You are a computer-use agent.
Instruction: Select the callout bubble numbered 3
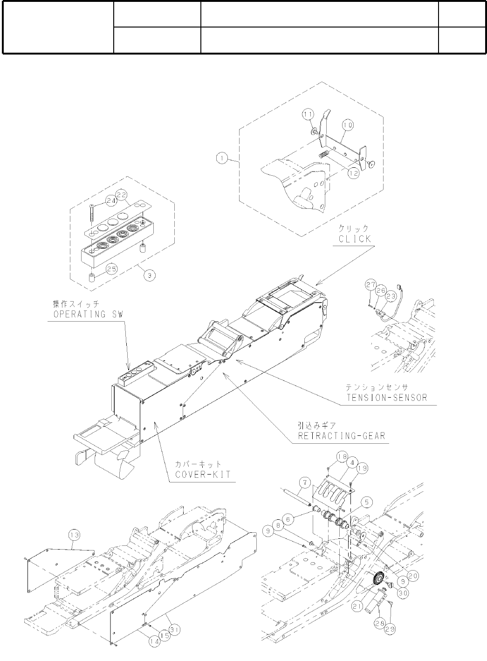pyautogui.click(x=149, y=275)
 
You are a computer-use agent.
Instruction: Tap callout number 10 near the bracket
pyautogui.click(x=348, y=125)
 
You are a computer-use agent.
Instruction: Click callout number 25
pyautogui.click(x=111, y=269)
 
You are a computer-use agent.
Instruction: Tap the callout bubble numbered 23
pyautogui.click(x=391, y=295)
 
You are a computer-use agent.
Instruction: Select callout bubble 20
pyautogui.click(x=412, y=576)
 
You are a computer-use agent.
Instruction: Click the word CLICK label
pyautogui.click(x=355, y=239)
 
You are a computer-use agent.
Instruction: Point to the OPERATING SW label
pyautogui.click(x=86, y=314)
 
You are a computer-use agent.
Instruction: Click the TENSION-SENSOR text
pyautogui.click(x=386, y=398)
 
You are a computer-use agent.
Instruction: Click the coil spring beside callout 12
pyautogui.click(x=324, y=152)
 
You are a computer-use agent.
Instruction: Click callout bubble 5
pyautogui.click(x=368, y=502)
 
